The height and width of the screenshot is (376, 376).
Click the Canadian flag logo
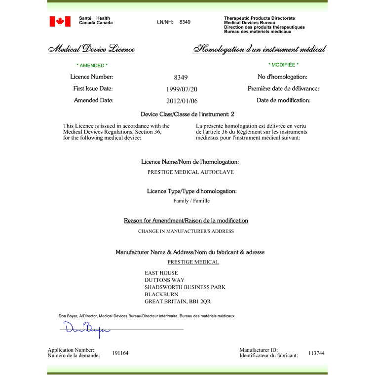pyautogui.click(x=60, y=21)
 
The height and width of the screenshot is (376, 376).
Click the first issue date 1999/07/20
pyautogui.click(x=182, y=89)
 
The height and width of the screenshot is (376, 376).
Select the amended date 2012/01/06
pyautogui.click(x=182, y=101)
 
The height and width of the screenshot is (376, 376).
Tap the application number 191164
pyautogui.click(x=120, y=353)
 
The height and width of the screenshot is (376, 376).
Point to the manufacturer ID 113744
pyautogui.click(x=316, y=353)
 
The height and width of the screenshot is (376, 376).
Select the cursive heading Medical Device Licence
pyautogui.click(x=91, y=49)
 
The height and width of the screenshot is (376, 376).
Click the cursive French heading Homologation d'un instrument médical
pyautogui.click(x=259, y=49)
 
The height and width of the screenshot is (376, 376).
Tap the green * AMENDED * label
pyautogui.click(x=92, y=65)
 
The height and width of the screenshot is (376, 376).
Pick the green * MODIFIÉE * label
pyautogui.click(x=283, y=65)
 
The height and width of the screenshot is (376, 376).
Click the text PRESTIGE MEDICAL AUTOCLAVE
pyautogui.click(x=190, y=172)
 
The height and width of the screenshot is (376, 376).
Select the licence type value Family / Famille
pyautogui.click(x=191, y=201)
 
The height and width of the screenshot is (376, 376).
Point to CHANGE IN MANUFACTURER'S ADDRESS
pyautogui.click(x=186, y=231)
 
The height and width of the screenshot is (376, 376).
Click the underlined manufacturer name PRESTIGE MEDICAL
pyautogui.click(x=193, y=262)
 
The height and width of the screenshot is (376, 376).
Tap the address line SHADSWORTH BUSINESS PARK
pyautogui.click(x=185, y=287)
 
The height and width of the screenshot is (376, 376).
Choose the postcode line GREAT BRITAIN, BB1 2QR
pyautogui.click(x=178, y=301)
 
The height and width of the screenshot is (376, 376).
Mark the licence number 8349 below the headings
pyautogui.click(x=181, y=77)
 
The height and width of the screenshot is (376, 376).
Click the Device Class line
pyautogui.click(x=188, y=114)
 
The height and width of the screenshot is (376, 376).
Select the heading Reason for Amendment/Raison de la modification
pyautogui.click(x=186, y=221)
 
